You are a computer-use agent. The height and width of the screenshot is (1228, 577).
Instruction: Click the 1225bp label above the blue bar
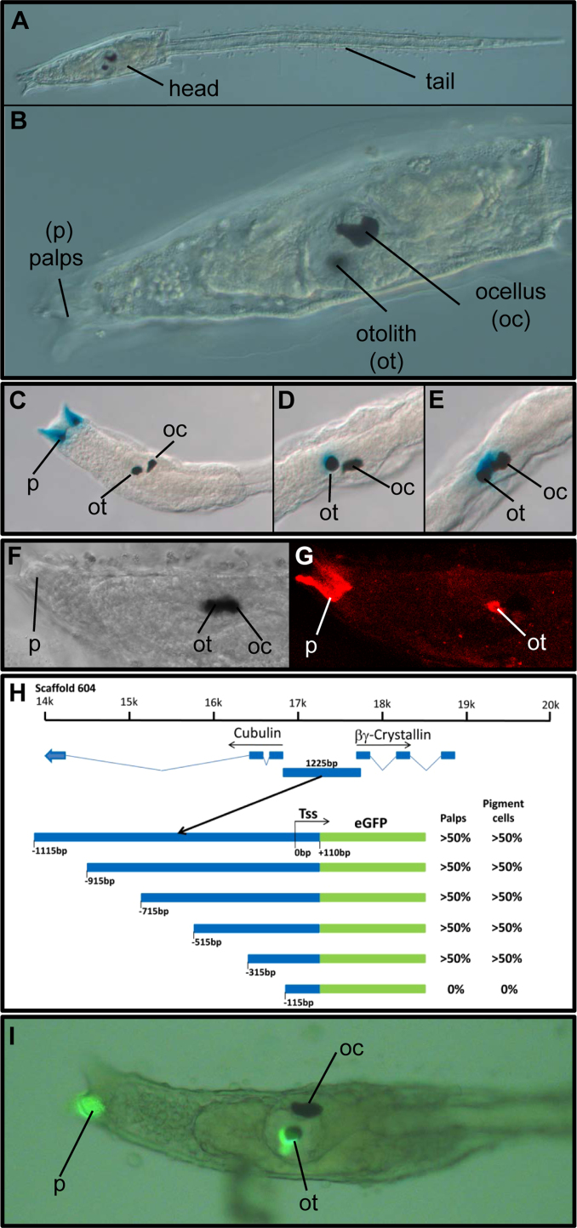click(322, 763)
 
